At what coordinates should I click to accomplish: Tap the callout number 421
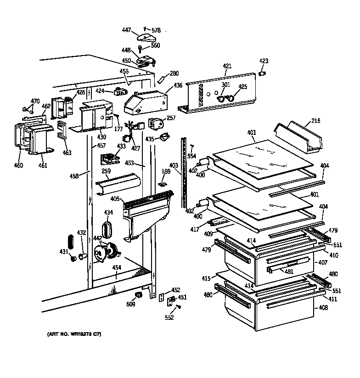[x=227, y=67]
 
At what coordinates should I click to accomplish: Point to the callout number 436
[x=177, y=85]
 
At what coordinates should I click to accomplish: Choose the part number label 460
[x=18, y=165]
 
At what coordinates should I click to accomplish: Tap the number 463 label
[x=67, y=152]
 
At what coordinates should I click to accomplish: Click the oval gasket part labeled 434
[x=107, y=228]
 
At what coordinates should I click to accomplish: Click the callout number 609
[x=131, y=303]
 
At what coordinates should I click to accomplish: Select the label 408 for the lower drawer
[x=323, y=308]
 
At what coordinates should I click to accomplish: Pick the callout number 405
[x=114, y=199]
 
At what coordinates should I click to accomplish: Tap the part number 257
[x=171, y=118]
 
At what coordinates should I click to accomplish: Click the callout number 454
[x=117, y=267]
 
